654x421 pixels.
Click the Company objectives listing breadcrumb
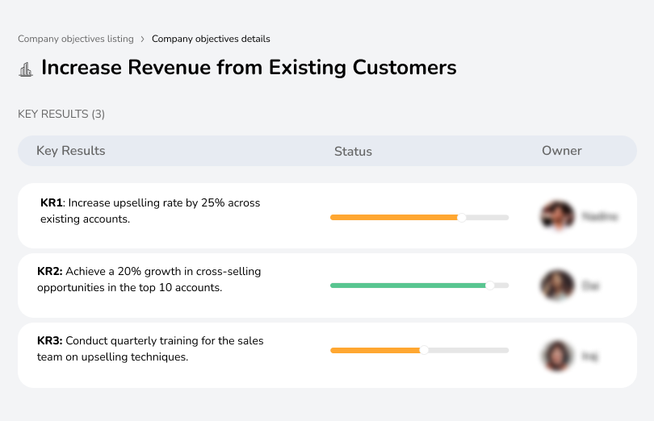[76, 39]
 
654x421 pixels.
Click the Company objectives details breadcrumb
[211, 39]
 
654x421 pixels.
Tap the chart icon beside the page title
[26, 69]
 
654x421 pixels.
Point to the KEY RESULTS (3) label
[61, 115]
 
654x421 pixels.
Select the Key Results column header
[71, 151]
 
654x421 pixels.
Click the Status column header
[353, 151]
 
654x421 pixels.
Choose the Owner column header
[562, 151]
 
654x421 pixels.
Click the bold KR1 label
[52, 203]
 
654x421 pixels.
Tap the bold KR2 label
[50, 272]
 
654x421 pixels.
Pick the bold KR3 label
[50, 341]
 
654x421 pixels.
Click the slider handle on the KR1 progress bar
[461, 217]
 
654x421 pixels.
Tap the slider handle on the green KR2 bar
[489, 286]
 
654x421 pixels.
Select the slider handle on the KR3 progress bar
[423, 350]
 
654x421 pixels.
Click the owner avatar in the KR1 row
[556, 216]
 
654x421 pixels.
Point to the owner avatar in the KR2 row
[556, 286]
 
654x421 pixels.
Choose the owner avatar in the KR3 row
[556, 355]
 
